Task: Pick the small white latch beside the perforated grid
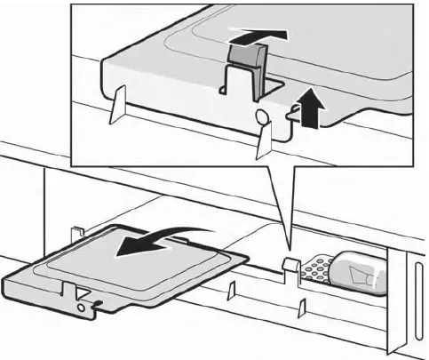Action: coord(289,264)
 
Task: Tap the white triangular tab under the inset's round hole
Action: coord(264,142)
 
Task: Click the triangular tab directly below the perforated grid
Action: coord(303,305)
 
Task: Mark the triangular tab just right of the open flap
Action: coord(229,290)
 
